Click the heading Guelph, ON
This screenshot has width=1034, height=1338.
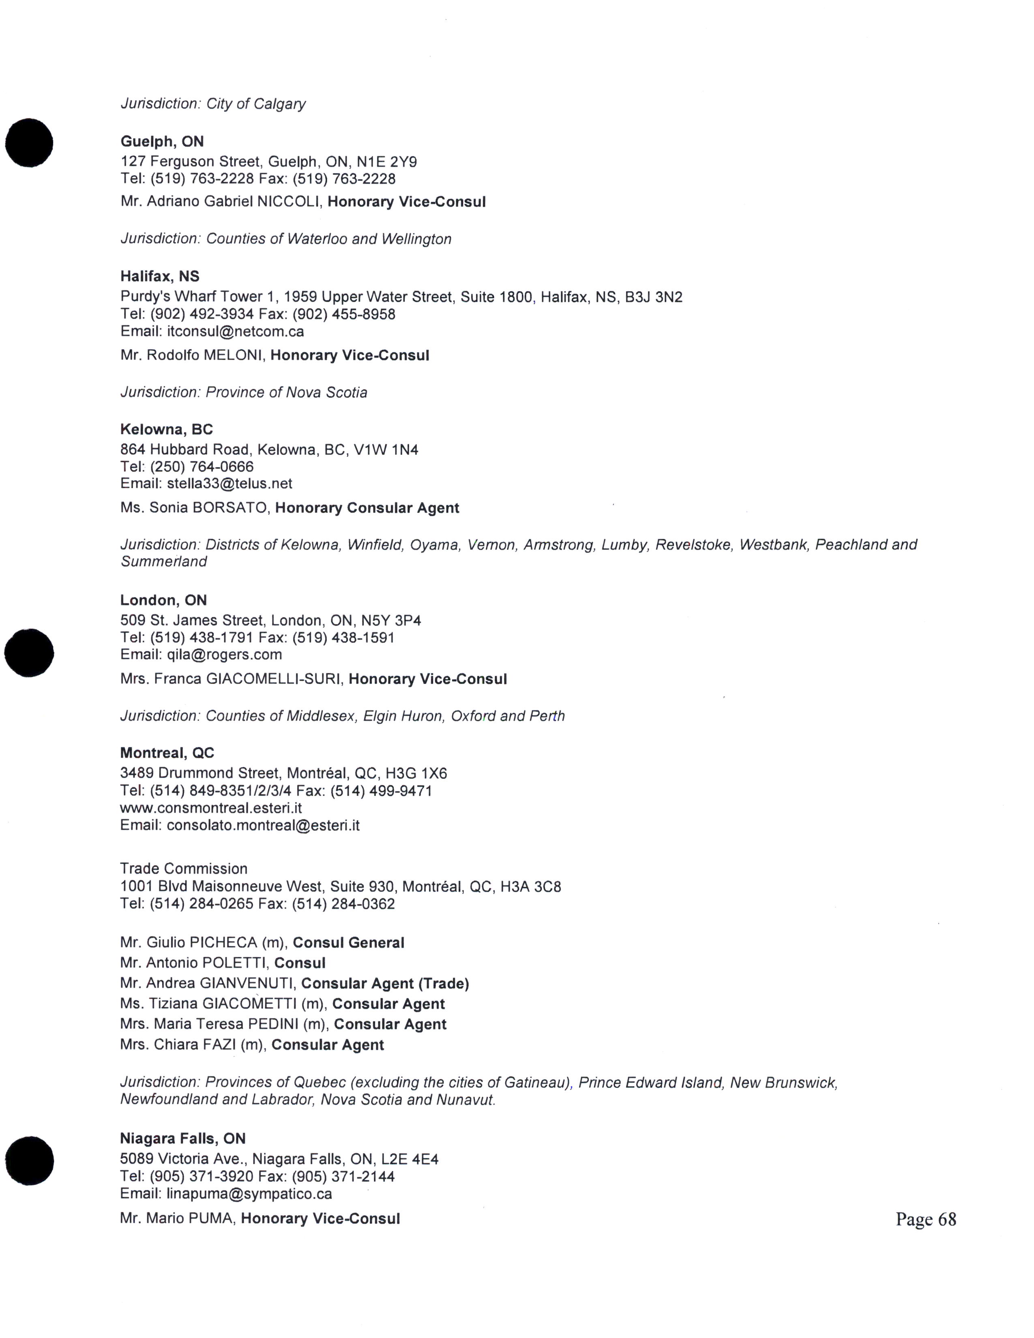click(162, 142)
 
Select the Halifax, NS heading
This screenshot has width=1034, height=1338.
click(159, 276)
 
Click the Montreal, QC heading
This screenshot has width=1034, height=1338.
click(167, 753)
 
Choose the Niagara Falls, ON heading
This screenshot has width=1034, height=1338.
click(182, 1138)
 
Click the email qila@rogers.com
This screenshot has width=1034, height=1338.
click(224, 654)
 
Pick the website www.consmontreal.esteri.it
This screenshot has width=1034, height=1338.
click(211, 808)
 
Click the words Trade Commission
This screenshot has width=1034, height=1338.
click(184, 869)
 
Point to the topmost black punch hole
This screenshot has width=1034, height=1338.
click(30, 143)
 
